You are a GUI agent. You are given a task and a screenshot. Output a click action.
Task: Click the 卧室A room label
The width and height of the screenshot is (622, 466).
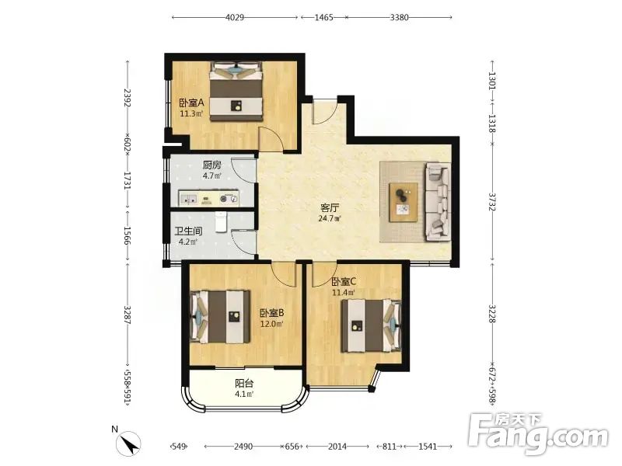[x=191, y=103]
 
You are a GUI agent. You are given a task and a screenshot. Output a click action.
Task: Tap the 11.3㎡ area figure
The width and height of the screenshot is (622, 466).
[x=191, y=114]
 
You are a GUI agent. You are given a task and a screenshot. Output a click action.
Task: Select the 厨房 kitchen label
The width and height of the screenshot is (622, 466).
[x=211, y=165]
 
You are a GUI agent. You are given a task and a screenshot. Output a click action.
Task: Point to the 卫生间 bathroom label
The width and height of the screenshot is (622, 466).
[x=188, y=231]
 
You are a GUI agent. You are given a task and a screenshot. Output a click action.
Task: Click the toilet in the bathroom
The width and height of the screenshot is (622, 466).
[x=221, y=221]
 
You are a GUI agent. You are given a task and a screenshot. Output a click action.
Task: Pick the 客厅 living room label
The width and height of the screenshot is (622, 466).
[x=330, y=207]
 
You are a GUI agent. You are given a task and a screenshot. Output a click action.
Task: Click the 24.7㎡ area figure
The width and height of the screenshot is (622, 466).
[x=330, y=218]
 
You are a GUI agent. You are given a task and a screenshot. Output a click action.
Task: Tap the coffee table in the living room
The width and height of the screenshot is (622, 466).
[x=404, y=202]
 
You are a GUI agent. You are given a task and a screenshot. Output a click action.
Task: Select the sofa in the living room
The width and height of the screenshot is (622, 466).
[x=439, y=202]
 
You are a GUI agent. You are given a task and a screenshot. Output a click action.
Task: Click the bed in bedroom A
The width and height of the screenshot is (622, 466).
[x=237, y=92]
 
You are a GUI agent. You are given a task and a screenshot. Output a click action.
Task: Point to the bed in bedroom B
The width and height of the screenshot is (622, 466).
[x=220, y=317]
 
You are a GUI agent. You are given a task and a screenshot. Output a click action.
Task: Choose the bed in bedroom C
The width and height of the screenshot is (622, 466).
[x=372, y=325]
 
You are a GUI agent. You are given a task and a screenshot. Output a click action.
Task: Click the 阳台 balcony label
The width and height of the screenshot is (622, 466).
[x=244, y=383]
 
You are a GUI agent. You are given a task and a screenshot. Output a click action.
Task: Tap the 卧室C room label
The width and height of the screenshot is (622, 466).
[x=344, y=282]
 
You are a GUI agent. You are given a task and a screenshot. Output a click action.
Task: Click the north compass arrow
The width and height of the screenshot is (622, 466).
[x=128, y=444]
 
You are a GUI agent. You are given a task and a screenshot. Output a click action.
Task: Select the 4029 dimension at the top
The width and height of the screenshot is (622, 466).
[x=235, y=17]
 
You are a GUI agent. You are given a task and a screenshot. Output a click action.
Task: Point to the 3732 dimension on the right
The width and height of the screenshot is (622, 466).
[x=492, y=202]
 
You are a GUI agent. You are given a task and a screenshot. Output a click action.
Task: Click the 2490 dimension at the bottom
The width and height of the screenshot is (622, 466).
[x=243, y=447]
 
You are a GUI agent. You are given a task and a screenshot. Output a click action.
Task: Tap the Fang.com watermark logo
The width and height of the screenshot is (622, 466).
[x=538, y=434]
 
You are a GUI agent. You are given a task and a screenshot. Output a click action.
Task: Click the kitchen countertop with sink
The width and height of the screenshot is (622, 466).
[x=208, y=198]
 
